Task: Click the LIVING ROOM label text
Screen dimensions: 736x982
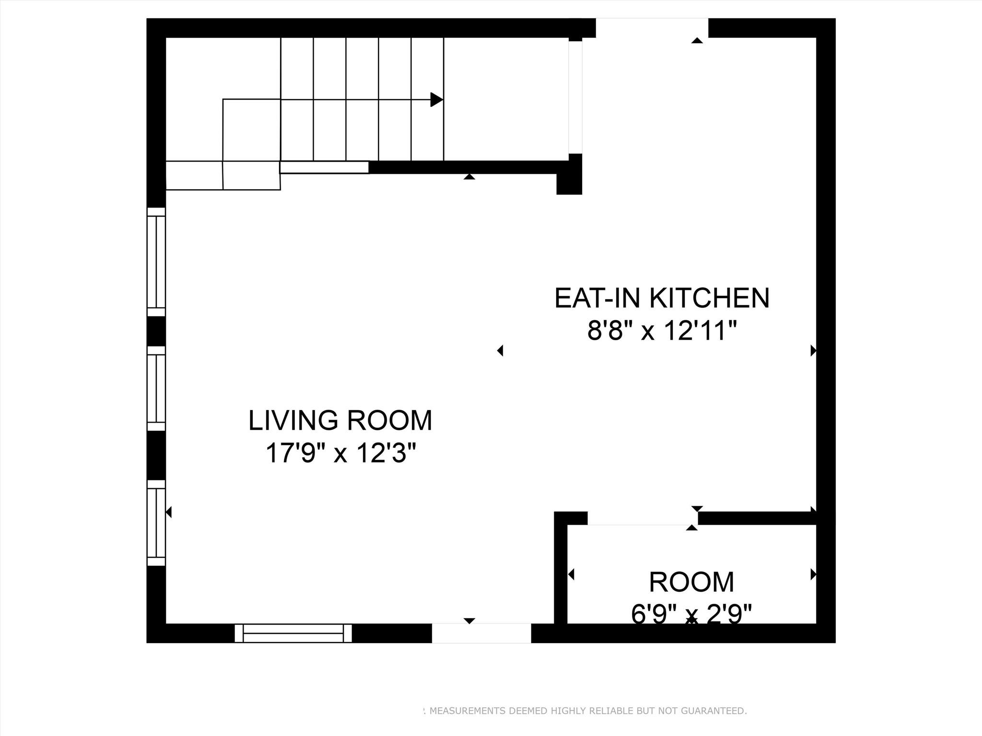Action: [340, 420]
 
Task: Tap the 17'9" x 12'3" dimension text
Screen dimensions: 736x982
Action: [340, 453]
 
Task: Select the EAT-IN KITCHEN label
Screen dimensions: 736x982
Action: [662, 298]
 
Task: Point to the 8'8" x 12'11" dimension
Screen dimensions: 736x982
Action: [662, 331]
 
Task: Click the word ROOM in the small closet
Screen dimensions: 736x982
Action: [691, 582]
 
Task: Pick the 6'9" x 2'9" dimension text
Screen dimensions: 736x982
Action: [691, 614]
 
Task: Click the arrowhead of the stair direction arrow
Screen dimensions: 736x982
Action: [436, 100]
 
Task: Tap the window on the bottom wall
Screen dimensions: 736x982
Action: [293, 633]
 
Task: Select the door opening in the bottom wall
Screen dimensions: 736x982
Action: [481, 633]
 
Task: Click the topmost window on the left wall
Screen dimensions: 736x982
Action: [156, 262]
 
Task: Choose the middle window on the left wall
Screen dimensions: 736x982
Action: [156, 389]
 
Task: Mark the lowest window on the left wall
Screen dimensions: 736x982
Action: [156, 523]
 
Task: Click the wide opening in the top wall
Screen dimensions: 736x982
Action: [652, 28]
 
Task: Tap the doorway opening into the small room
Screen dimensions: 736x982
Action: [643, 518]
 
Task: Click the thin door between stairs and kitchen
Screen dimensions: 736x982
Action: [575, 97]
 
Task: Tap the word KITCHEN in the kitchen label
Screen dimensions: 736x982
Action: [709, 298]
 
